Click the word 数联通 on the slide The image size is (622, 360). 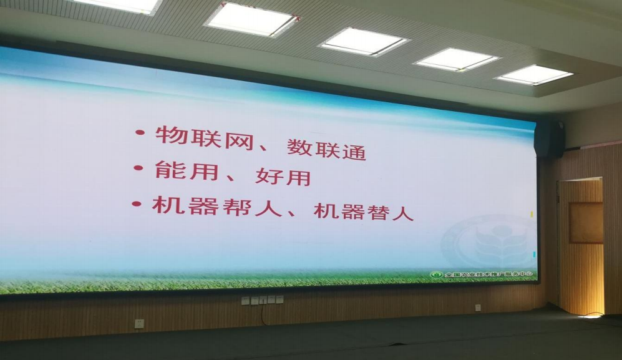click(x=326, y=149)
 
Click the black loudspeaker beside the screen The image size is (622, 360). click(x=550, y=139)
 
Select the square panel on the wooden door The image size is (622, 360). click(x=586, y=223)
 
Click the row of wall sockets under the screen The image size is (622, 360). click(x=262, y=300)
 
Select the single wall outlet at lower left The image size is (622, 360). click(x=139, y=323)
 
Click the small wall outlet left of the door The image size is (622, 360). click(x=478, y=308)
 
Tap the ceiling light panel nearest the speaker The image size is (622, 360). click(x=533, y=75)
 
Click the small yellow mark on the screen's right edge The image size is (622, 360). click(x=531, y=214)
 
